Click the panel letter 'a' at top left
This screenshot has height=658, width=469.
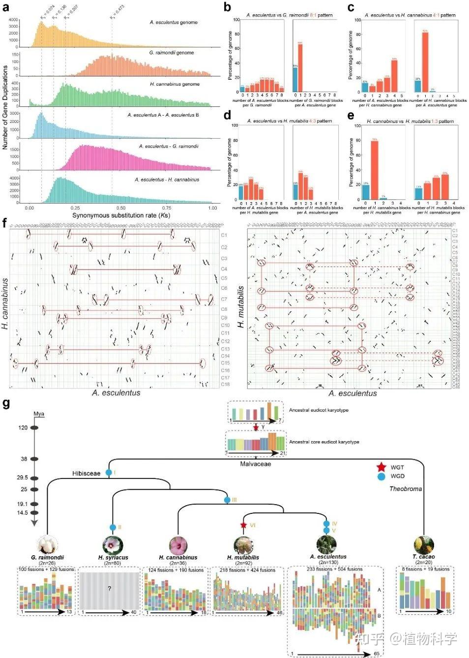pyautogui.click(x=5, y=6)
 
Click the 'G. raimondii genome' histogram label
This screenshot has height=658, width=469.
pyautogui.click(x=172, y=53)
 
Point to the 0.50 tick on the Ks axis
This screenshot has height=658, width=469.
pyautogui.click(x=121, y=208)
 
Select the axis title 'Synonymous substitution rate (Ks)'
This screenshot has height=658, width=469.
pyautogui.click(x=121, y=215)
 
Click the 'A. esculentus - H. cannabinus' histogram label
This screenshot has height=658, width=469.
pyautogui.click(x=167, y=179)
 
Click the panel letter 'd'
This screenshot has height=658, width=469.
pyautogui.click(x=227, y=116)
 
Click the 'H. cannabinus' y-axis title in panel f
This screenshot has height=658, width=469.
pyautogui.click(x=5, y=303)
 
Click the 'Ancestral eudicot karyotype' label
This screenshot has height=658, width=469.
pyautogui.click(x=319, y=410)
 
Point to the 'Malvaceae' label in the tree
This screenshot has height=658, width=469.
pyautogui.click(x=255, y=464)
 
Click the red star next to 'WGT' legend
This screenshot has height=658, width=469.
pyautogui.click(x=381, y=467)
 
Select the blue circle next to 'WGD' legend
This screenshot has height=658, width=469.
pyautogui.click(x=381, y=476)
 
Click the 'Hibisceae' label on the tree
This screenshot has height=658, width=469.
pyautogui.click(x=86, y=474)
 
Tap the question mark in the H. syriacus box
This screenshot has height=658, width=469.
pyautogui.click(x=109, y=588)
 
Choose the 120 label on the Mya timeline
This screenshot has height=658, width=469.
pyautogui.click(x=23, y=428)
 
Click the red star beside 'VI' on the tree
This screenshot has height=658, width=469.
pyautogui.click(x=243, y=525)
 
